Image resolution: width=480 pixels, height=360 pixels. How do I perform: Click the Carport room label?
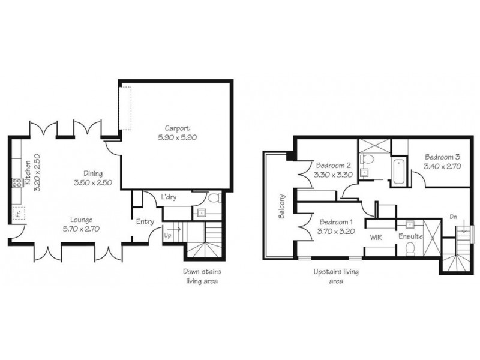click(x=178, y=128)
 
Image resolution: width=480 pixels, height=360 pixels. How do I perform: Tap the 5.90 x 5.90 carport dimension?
click(x=178, y=137)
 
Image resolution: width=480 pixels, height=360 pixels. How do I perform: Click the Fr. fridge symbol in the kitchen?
click(x=19, y=212)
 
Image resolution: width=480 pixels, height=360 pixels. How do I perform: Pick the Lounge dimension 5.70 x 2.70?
click(x=81, y=229)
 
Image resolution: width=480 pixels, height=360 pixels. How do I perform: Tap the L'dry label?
click(x=169, y=197)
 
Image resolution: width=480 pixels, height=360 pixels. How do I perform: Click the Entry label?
click(x=145, y=222)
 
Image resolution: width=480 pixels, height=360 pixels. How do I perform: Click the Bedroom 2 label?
click(x=333, y=166)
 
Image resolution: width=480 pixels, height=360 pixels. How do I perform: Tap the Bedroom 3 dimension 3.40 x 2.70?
click(x=442, y=167)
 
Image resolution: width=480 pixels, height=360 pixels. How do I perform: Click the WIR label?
click(x=376, y=237)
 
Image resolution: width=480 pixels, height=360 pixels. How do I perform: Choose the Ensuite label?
click(x=412, y=237)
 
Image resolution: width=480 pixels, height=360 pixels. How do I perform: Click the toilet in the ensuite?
click(x=411, y=250)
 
